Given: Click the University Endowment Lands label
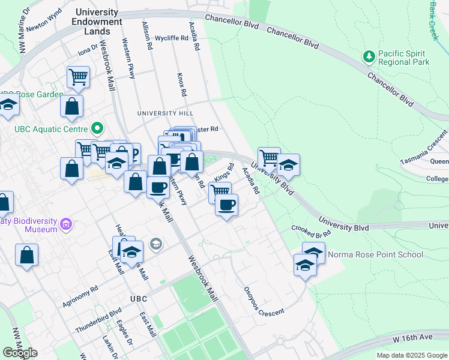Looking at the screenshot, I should [x=92, y=22].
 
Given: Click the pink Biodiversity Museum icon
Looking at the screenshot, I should [x=66, y=225].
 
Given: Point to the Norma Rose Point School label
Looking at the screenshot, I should [x=376, y=254].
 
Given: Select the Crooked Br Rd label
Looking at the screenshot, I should [x=311, y=230].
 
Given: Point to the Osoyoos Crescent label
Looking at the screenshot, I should [x=263, y=300].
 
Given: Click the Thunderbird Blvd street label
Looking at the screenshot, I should [x=98, y=320].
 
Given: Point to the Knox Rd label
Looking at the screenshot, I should [x=181, y=85].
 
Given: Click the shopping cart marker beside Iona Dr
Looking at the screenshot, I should [x=78, y=77].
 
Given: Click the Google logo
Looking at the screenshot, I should [x=20, y=353].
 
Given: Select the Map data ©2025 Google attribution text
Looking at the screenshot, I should [x=411, y=355].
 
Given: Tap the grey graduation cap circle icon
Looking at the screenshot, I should [x=156, y=244].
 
